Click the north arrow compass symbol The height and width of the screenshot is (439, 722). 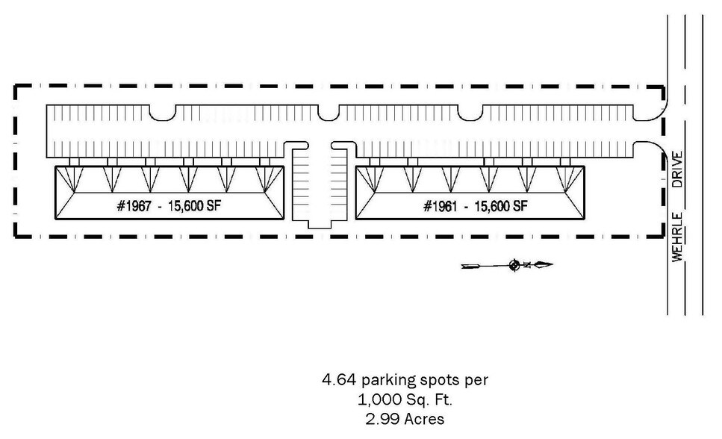click(514, 265)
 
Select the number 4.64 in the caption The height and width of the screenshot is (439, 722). click(336, 380)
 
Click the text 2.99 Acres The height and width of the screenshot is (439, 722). click(405, 419)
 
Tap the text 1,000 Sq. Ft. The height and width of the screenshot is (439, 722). click(405, 399)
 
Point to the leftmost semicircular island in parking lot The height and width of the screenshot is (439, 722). click(164, 111)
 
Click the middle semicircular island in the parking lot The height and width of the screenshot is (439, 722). click(329, 111)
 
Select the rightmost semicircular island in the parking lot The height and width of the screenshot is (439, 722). click(470, 111)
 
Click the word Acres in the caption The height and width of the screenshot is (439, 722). click(423, 419)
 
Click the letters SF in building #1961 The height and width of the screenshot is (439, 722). click(520, 206)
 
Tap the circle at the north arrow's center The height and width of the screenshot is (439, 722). click(514, 265)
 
